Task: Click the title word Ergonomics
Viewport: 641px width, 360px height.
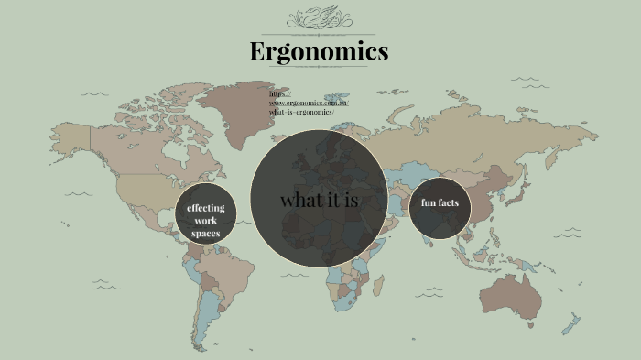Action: (x=320, y=51)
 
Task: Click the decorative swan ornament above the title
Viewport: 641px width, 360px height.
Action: (x=320, y=19)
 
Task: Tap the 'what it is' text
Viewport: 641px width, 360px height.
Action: (x=319, y=200)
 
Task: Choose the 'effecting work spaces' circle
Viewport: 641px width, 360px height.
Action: (x=206, y=220)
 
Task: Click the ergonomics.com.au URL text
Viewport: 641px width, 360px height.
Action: (x=309, y=103)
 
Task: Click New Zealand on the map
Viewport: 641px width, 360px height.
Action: (x=575, y=322)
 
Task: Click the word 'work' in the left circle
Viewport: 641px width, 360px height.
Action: (x=206, y=221)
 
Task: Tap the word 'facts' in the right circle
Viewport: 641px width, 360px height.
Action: (x=448, y=202)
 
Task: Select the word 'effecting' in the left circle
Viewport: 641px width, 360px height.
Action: (x=206, y=208)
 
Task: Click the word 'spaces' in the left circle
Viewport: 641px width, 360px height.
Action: (x=206, y=234)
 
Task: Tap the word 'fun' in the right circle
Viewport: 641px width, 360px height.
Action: (x=428, y=202)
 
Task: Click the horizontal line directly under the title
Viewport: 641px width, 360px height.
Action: (x=320, y=66)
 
